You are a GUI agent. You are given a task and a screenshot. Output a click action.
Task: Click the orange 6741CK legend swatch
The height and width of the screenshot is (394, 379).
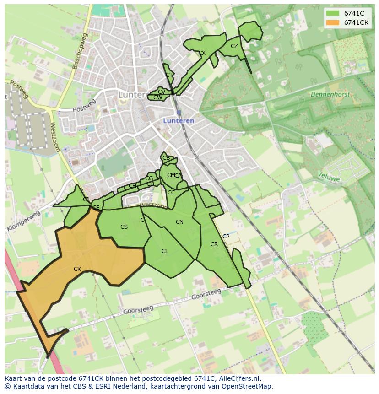pos(333,22)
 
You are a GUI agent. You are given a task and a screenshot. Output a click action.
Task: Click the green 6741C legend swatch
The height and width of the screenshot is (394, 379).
pos(333,13)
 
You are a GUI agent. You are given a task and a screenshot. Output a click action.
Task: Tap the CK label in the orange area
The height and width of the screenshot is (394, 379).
pos(77,269)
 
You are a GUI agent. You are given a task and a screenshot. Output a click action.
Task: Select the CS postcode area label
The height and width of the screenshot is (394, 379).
pos(124,227)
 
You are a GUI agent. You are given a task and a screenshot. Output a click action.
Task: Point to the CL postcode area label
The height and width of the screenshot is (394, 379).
pos(165,251)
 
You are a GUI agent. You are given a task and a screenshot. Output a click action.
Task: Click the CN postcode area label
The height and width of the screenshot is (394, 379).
pos(179,222)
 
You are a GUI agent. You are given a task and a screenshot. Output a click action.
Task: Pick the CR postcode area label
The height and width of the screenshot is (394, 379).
pos(214,244)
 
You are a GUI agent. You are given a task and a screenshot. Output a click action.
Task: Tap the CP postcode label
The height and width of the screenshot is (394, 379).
pos(226,237)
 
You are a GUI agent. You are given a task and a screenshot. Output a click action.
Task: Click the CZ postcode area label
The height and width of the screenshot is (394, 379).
pos(234,46)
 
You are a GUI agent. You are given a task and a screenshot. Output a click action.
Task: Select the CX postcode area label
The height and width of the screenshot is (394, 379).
pos(202,53)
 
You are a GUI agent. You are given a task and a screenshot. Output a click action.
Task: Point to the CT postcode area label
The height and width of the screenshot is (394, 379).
pos(169,75)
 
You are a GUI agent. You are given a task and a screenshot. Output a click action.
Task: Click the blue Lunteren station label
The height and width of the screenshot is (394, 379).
pos(179,121)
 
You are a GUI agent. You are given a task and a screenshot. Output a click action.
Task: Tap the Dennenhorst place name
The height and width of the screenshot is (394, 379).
pos(330,94)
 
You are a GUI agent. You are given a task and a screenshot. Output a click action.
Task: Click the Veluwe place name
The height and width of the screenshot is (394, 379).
pos(329,176)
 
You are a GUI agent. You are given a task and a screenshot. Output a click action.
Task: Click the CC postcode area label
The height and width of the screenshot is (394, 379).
pos(171,193)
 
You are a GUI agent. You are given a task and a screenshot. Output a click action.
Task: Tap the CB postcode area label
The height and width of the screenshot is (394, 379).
pos(166,158)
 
